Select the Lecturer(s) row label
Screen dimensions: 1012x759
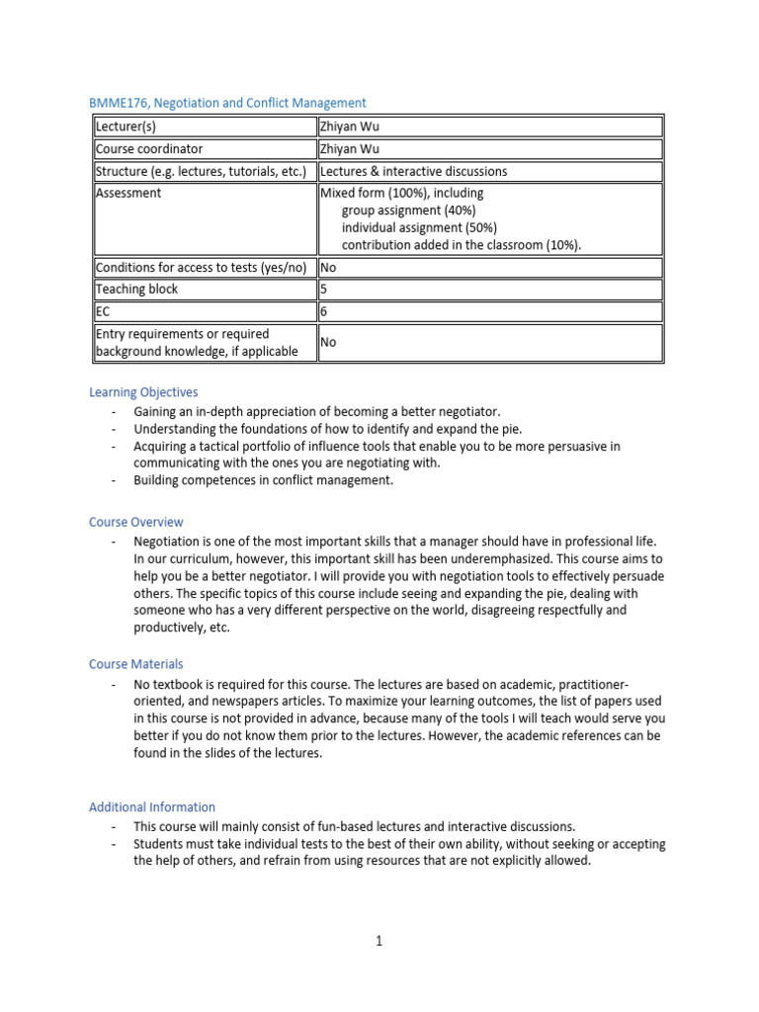coord(126,126)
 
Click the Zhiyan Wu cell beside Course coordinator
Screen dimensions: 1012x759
coord(349,149)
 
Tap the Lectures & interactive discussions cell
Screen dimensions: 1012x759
coord(413,171)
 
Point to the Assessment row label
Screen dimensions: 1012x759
coord(128,194)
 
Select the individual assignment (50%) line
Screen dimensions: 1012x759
coord(419,227)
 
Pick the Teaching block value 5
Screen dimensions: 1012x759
coord(323,290)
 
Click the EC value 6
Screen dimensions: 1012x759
coord(323,311)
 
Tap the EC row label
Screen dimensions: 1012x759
coord(102,311)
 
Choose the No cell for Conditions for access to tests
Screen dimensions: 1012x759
coord(328,268)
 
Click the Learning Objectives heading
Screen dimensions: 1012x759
coord(143,392)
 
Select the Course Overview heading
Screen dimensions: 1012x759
coord(136,522)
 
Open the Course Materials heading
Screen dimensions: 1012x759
coord(136,664)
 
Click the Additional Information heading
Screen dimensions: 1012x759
coord(152,806)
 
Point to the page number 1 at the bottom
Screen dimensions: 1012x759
coord(379,941)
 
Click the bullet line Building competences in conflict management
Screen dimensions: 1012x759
coord(263,480)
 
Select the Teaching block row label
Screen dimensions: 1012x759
coord(136,290)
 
